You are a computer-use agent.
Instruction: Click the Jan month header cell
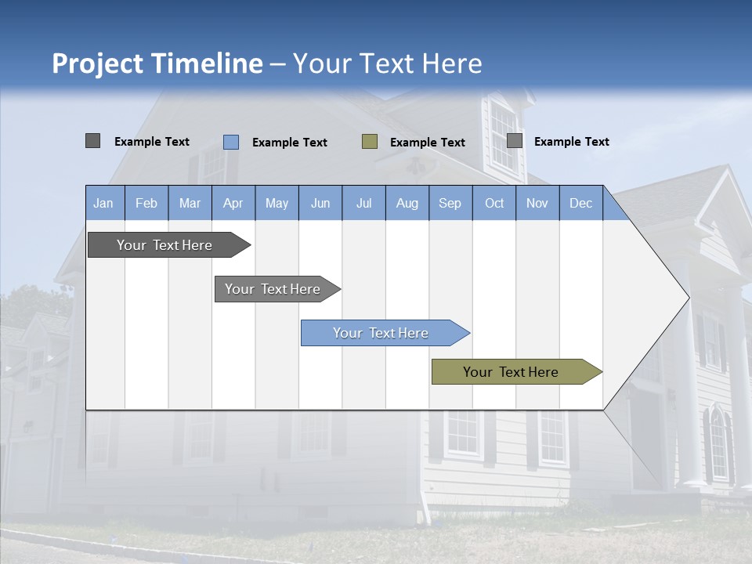(103, 203)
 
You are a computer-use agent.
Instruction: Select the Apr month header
(233, 203)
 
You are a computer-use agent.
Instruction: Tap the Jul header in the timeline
(363, 203)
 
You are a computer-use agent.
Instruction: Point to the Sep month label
(450, 203)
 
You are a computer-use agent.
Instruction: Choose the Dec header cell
(580, 203)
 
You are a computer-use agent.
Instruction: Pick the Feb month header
(146, 203)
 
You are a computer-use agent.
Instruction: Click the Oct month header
(494, 203)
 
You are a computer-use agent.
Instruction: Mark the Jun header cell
(320, 203)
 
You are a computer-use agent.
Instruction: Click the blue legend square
(231, 142)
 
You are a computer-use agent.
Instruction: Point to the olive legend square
(370, 142)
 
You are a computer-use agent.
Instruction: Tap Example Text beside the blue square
(290, 143)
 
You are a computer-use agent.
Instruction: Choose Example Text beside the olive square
(428, 143)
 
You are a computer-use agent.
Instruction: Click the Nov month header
(537, 203)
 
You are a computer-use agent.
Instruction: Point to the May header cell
(277, 203)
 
